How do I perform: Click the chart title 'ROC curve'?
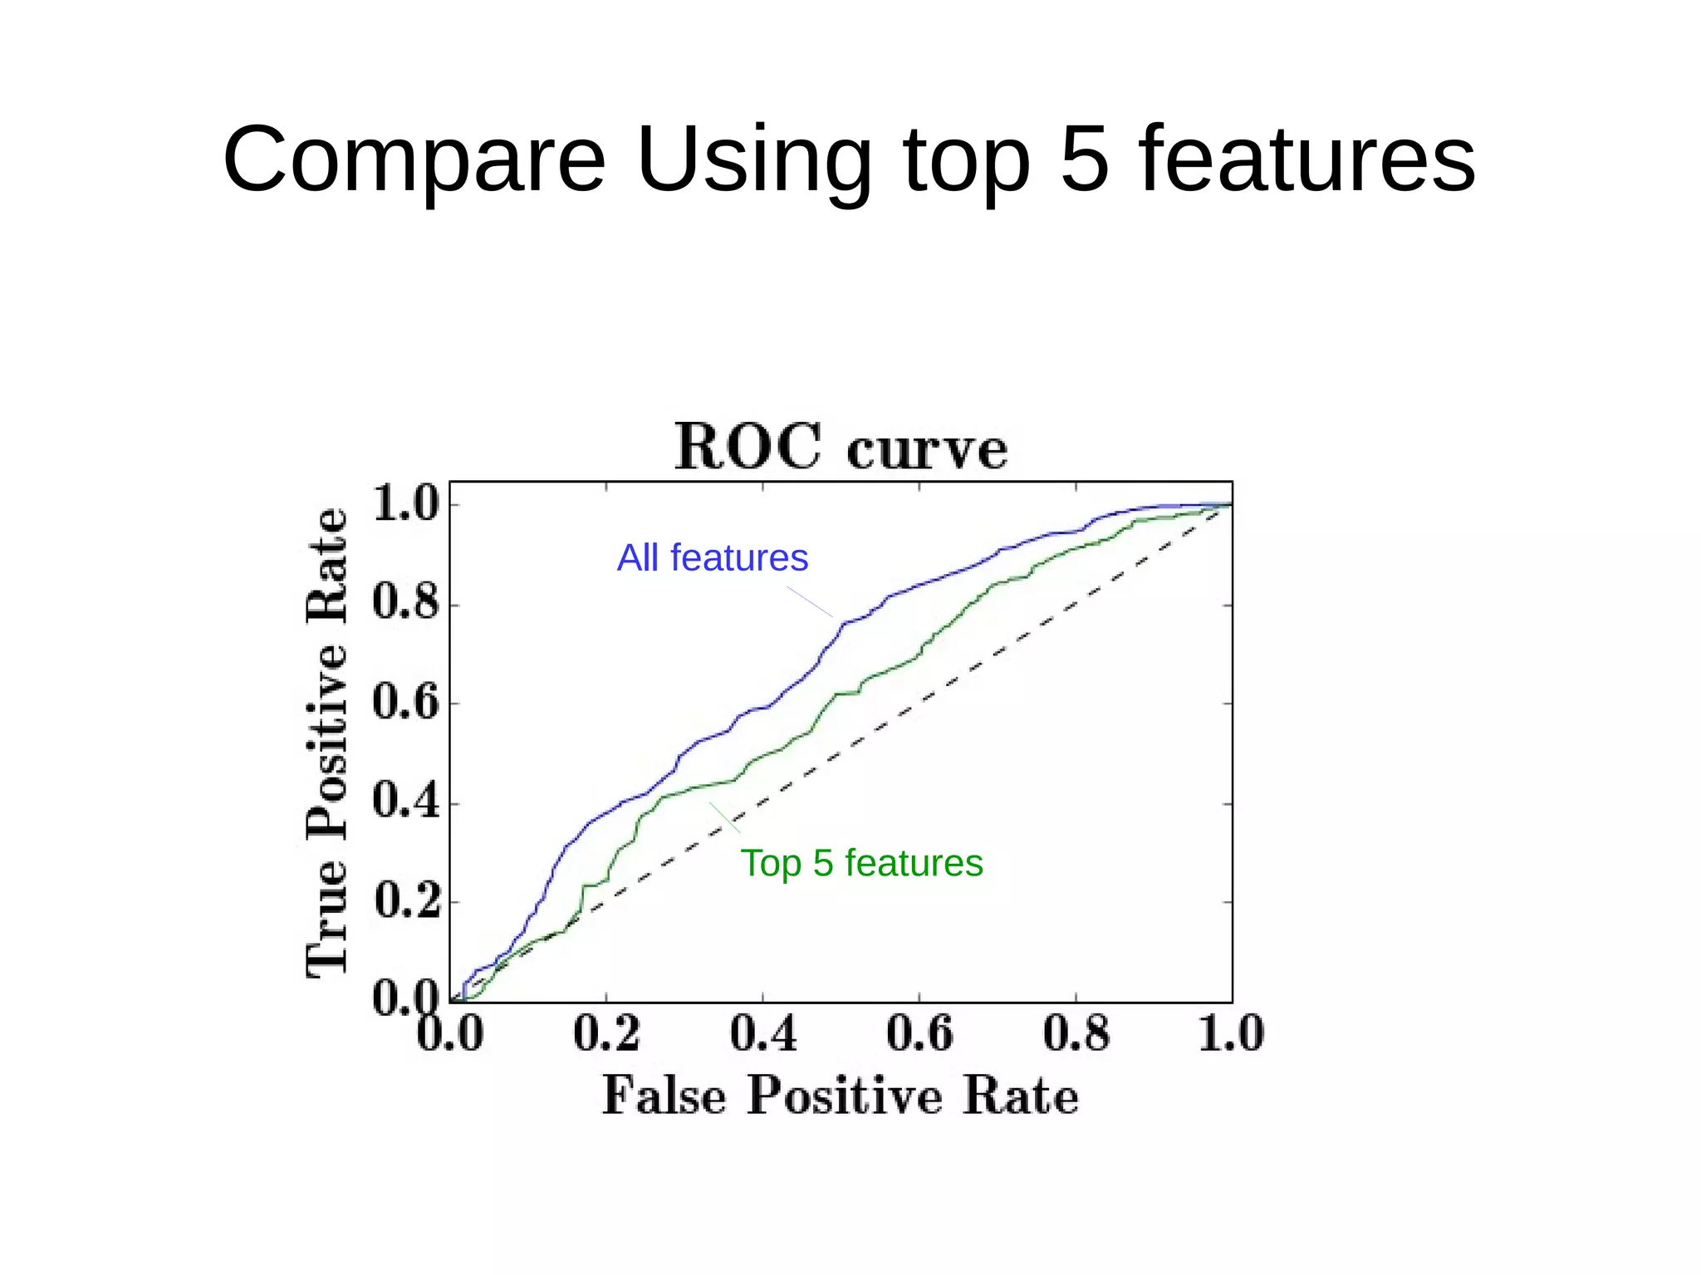pos(841,447)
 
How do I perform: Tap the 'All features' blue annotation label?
pos(712,557)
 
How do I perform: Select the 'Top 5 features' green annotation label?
pos(861,863)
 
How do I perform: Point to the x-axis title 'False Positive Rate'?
pos(840,1095)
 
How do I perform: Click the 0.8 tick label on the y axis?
pos(405,602)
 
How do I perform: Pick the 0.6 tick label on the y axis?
pos(405,702)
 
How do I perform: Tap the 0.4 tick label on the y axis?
pos(405,802)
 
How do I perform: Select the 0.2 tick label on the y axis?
pos(405,901)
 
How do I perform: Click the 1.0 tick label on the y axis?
pos(405,503)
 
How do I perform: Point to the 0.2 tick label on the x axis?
pos(606,1034)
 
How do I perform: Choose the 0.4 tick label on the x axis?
pos(762,1034)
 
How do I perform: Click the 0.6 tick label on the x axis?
pos(919,1034)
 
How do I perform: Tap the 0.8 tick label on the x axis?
pos(1076,1034)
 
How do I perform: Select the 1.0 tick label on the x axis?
pos(1231,1034)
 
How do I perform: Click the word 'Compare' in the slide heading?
pos(414,159)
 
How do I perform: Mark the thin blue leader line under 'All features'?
pos(810,602)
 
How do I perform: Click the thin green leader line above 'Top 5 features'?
pos(724,817)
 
